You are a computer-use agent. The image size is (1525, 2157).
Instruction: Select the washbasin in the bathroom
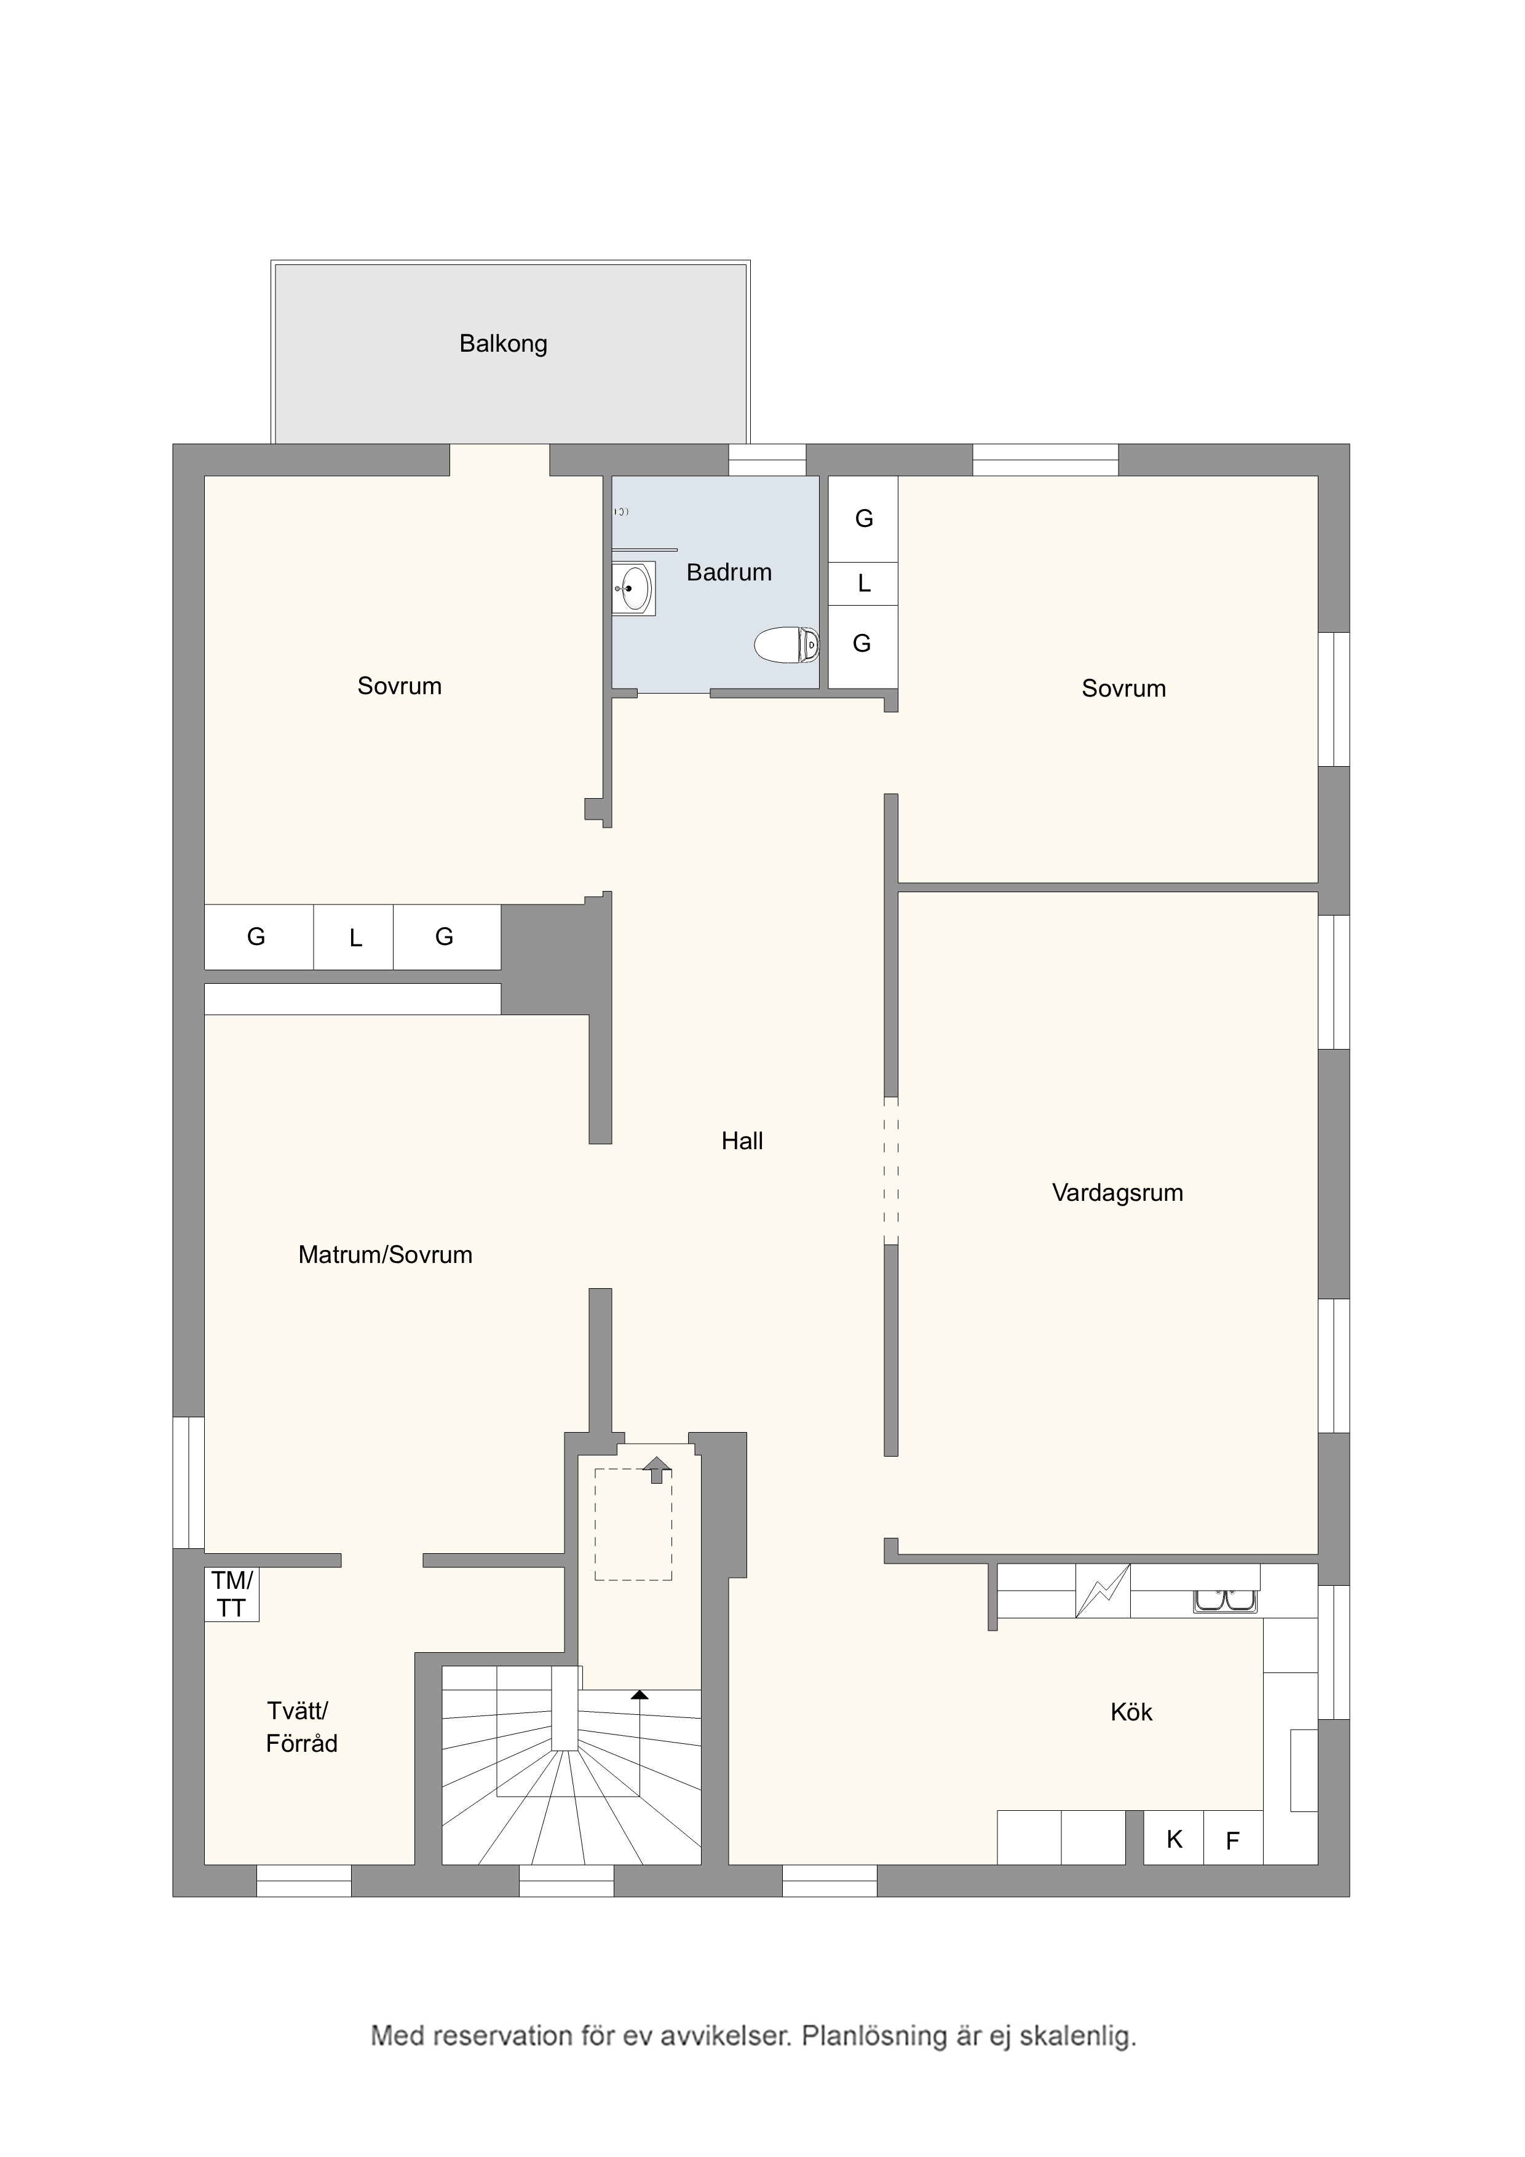click(634, 588)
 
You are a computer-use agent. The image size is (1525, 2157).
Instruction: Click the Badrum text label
click(729, 572)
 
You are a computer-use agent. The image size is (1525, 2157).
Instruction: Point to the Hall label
click(742, 1141)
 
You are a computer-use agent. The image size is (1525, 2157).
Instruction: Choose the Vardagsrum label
click(1117, 1193)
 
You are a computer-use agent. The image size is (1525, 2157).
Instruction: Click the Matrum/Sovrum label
click(385, 1254)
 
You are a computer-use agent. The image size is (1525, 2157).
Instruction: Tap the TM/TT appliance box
click(232, 1595)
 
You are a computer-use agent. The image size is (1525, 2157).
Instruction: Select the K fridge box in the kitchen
click(1174, 1838)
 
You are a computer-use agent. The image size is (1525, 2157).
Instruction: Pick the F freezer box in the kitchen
click(1233, 1838)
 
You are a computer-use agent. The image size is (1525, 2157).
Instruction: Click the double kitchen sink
click(1226, 1600)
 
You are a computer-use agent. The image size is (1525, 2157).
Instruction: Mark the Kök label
click(1131, 1712)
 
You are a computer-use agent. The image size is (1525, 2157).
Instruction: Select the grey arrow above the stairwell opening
click(656, 1470)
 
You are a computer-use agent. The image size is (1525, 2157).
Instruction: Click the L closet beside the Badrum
click(863, 584)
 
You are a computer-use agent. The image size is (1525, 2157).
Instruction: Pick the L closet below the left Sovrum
click(354, 936)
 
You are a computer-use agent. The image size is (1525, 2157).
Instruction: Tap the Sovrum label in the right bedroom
click(1124, 689)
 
